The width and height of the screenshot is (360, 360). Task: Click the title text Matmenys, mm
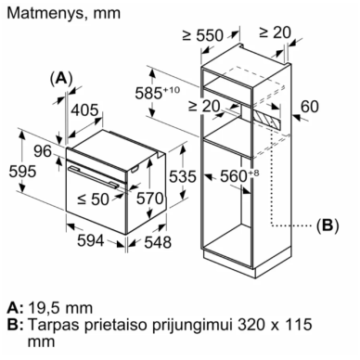64,13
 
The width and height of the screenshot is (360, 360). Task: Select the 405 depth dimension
84,109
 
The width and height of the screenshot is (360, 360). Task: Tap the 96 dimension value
43,151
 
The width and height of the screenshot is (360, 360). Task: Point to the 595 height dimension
22,171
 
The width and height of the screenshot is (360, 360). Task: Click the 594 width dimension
90,240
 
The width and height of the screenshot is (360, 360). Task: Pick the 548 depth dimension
158,242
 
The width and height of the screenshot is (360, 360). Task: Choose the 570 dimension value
149,198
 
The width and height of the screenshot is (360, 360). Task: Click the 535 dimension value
183,176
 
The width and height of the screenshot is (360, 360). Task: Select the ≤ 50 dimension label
93,199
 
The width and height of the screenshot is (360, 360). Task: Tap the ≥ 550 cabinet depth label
202,35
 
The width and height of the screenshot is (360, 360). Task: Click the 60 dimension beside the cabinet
310,106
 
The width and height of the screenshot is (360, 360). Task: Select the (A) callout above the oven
61,78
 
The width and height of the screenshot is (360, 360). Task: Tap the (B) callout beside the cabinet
328,225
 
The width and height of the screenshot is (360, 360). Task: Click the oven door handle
94,176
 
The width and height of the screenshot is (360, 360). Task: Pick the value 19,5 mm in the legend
60,308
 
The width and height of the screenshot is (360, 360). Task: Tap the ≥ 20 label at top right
275,32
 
